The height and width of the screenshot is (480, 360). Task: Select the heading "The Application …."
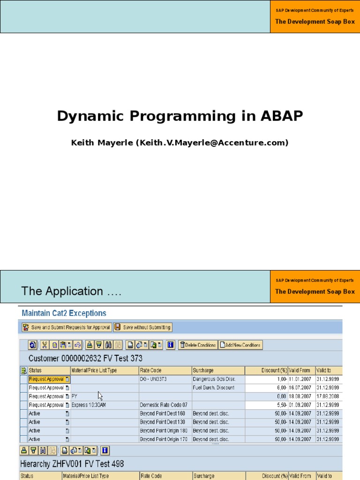pos(72,291)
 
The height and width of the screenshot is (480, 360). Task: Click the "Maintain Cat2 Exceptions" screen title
pos(62,313)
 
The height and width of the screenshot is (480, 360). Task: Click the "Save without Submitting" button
pos(143,327)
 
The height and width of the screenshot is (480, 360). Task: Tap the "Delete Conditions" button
pos(198,345)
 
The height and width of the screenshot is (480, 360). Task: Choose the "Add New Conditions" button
pos(241,345)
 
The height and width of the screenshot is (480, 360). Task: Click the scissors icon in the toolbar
pos(45,345)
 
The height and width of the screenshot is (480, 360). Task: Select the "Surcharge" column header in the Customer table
pos(203,370)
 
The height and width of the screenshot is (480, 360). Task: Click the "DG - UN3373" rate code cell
pos(153,379)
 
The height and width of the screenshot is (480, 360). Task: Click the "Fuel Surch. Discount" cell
pos(214,388)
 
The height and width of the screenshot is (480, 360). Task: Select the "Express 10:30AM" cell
pos(89,405)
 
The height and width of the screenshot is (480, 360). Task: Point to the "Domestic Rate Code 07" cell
pos(164,405)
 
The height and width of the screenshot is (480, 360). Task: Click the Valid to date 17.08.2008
pos(327,396)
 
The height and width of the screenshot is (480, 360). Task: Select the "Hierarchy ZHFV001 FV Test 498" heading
pos(72,464)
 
